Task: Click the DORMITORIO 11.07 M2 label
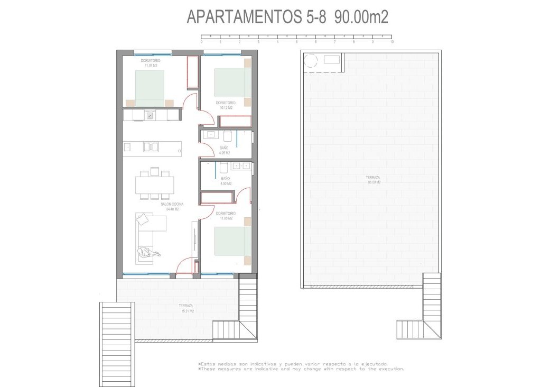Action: (151, 63)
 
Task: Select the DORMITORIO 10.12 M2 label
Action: (225, 105)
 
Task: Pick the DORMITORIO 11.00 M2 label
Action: (225, 216)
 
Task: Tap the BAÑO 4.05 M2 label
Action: (225, 150)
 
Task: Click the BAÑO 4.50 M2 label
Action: (226, 181)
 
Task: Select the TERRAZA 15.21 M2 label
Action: (186, 309)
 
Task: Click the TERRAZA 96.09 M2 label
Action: (374, 180)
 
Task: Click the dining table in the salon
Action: (154, 185)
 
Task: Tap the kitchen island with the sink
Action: (152, 148)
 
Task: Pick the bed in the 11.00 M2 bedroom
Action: (232, 241)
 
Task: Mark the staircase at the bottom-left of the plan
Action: (117, 344)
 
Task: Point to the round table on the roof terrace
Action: (310, 60)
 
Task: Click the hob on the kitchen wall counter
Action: (150, 115)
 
